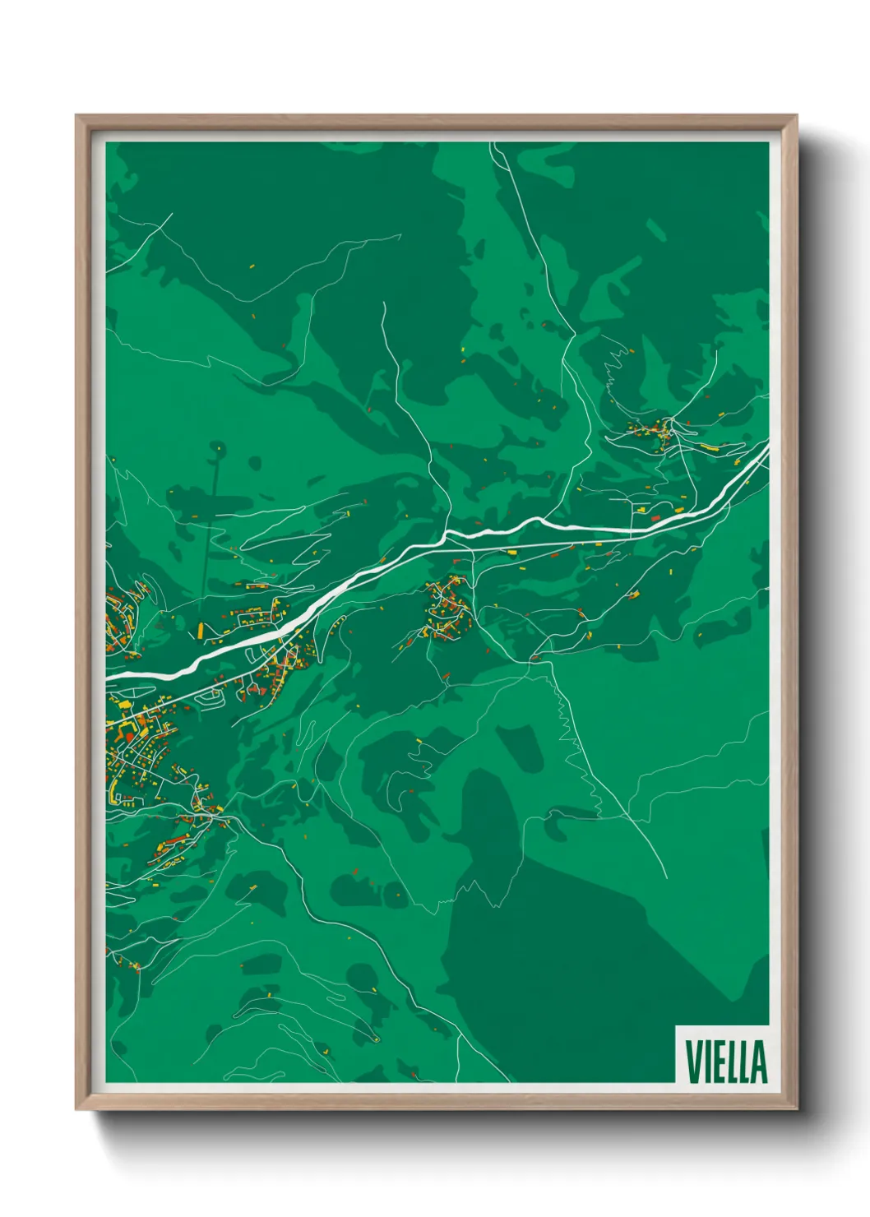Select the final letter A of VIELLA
click(x=759, y=1062)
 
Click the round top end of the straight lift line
click(x=218, y=448)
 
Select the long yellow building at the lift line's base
click(x=201, y=631)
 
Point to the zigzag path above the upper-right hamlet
click(x=614, y=366)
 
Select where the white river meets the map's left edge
click(x=108, y=675)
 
